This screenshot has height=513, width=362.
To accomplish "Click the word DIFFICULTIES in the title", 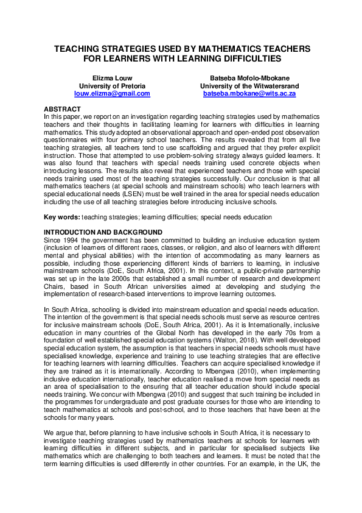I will (x=245, y=58).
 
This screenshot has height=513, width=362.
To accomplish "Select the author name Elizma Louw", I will (x=112, y=79).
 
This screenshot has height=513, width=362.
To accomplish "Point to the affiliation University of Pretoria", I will (x=112, y=87).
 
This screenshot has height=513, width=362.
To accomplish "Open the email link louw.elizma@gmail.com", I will (x=112, y=94).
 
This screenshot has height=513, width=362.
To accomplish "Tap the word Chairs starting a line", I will (x=54, y=284).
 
